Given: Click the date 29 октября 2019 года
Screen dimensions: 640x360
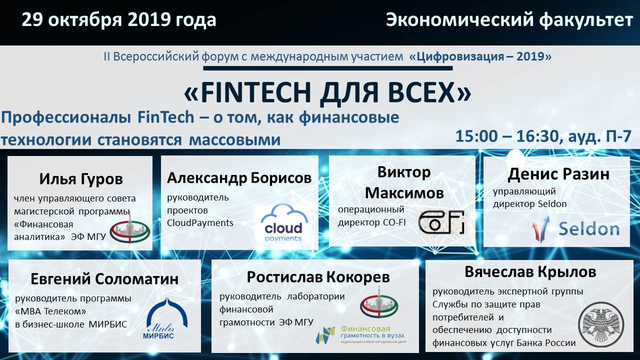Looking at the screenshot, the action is pyautogui.click(x=119, y=20).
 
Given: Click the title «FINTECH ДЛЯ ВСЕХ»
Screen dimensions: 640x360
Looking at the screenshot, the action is pyautogui.click(x=327, y=92).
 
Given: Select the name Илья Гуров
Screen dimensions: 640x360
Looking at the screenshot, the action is pyautogui.click(x=81, y=179).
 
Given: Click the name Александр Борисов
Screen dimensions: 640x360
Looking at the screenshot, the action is pyautogui.click(x=239, y=178).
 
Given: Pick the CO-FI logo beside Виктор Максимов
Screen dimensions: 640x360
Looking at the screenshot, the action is pyautogui.click(x=441, y=222).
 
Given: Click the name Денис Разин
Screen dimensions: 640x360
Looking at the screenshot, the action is pyautogui.click(x=558, y=174).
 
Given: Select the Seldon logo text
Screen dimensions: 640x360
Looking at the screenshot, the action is pyautogui.click(x=589, y=229).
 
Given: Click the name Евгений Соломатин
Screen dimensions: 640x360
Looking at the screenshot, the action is pyautogui.click(x=104, y=279).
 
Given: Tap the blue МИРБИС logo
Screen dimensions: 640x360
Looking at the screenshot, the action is pyautogui.click(x=166, y=318).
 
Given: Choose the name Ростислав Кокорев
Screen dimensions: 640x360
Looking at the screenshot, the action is pyautogui.click(x=318, y=277).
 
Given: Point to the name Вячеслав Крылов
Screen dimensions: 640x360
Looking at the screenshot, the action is pyautogui.click(x=530, y=272).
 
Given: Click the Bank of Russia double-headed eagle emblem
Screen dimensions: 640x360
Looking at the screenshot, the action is pyautogui.click(x=601, y=325).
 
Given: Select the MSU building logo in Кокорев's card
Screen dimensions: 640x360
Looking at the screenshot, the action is pyautogui.click(x=379, y=302).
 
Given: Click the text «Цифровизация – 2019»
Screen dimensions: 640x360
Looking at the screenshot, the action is pyautogui.click(x=480, y=56).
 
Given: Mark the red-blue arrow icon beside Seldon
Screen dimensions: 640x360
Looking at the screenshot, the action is pyautogui.click(x=540, y=228).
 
